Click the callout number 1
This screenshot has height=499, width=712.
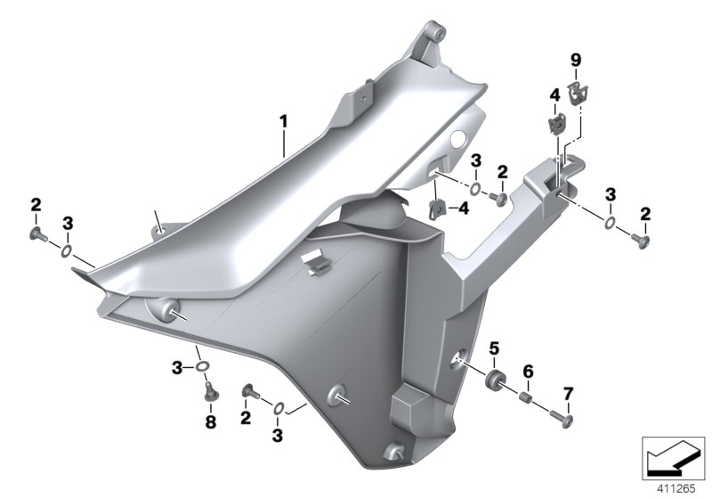pos(283,119)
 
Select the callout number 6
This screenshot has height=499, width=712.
pos(527,370)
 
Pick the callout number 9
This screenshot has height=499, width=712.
pos(575,60)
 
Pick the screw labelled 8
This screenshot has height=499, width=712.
pos(211,391)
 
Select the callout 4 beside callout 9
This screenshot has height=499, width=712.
pos(553,94)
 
